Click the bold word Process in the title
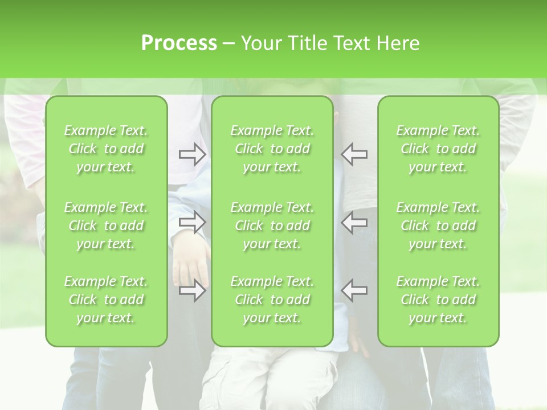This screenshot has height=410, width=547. pos(179,43)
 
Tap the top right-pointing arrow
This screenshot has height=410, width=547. pos(192,154)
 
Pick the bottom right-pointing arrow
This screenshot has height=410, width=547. pos(192,290)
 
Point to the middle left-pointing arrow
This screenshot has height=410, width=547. pos(354,222)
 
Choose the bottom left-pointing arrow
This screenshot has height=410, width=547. pos(354,290)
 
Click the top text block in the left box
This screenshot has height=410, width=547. pos(106,149)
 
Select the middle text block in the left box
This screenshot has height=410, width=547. pos(106,225)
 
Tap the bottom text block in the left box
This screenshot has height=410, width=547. pos(106,300)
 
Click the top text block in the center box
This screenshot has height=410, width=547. pos(272,149)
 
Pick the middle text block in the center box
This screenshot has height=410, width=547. pos(272,225)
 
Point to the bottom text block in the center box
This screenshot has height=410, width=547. pos(272,300)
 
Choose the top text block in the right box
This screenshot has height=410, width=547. pos(438,149)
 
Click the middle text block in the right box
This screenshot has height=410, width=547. pos(438,225)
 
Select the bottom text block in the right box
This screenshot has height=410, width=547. pos(438,300)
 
